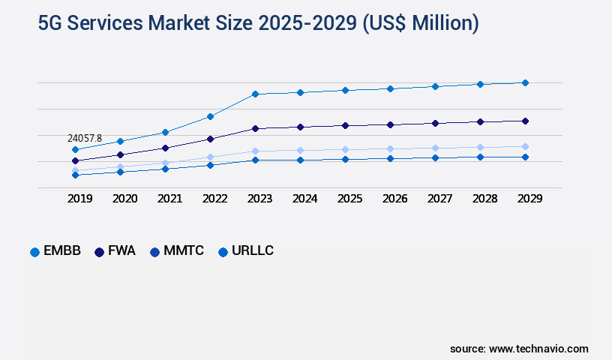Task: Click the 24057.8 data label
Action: [84, 139]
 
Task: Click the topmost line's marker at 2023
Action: [255, 94]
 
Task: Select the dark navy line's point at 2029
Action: [525, 121]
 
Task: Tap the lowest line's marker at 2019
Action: [75, 175]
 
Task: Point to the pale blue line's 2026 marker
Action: [390, 148]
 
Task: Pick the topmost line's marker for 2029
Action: [525, 82]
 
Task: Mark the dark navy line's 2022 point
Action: [210, 139]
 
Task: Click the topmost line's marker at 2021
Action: [165, 132]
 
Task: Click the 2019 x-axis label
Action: [80, 199]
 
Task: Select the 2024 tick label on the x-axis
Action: [305, 199]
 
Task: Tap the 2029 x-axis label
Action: [529, 199]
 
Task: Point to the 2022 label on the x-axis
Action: [215, 199]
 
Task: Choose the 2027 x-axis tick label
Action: [439, 199]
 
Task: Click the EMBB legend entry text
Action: [62, 251]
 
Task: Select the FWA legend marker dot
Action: [99, 252]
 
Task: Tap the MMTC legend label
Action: [184, 251]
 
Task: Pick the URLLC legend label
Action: [253, 251]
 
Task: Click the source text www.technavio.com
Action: [538, 349]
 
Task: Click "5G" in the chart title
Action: [52, 23]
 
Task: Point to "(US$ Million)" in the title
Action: [419, 23]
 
